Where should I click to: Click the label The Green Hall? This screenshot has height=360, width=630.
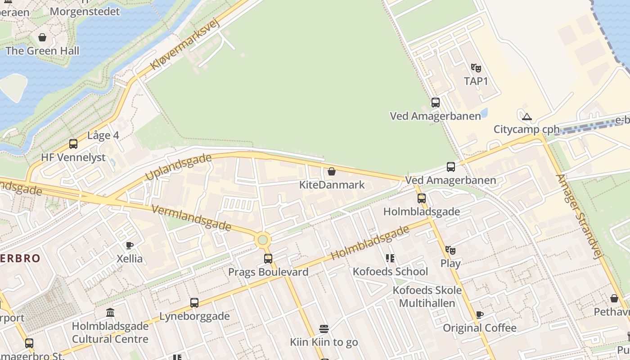coord(42,51)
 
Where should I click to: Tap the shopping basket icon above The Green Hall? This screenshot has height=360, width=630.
coord(42,37)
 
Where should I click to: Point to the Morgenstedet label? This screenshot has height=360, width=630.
coord(85,11)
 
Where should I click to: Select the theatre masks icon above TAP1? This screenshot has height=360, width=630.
coord(476,68)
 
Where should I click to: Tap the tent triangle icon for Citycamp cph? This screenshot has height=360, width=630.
coord(526,117)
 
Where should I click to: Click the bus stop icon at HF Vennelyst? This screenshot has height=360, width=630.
coord(73,144)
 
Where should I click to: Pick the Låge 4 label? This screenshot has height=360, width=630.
coord(103,135)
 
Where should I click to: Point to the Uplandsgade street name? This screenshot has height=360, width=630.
coord(178,167)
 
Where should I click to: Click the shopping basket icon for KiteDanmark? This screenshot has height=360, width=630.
coord(332,171)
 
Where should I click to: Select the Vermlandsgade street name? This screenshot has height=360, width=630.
coord(192,217)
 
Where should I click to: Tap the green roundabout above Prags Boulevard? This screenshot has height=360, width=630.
coord(263,240)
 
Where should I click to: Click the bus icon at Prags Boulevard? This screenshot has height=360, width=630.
coord(268,259)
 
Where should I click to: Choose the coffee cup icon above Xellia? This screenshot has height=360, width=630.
coord(130,245)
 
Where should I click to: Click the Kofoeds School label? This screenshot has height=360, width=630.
coord(390,271)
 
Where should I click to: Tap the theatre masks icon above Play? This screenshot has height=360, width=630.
coord(450,250)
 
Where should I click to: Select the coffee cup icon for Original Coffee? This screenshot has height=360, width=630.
coord(480,315)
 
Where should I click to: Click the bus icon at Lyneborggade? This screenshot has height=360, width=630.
coord(194,303)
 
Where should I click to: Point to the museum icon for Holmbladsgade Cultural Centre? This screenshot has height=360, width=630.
coord(110,312)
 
